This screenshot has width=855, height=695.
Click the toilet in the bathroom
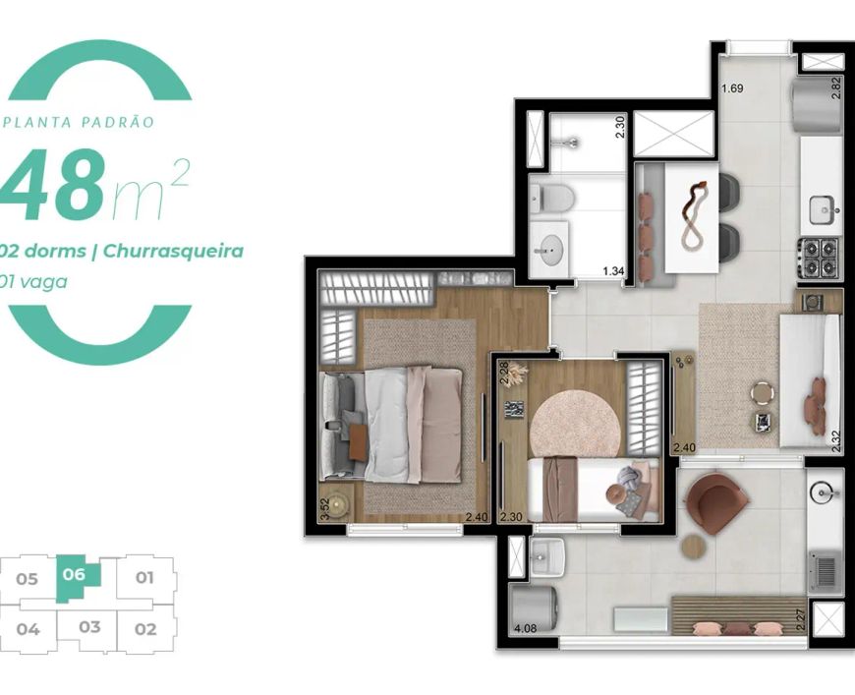click(x=552, y=197)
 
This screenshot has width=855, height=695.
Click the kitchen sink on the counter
click(x=824, y=210)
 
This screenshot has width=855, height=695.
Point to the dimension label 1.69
click(x=732, y=88)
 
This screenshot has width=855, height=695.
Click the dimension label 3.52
click(x=325, y=511)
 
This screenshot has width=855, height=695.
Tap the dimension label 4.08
click(x=526, y=628)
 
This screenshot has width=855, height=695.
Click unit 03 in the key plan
click(x=89, y=627)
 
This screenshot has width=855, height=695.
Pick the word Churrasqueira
click(x=173, y=252)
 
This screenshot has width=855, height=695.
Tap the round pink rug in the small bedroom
click(x=575, y=423)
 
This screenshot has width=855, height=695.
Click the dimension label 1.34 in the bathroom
click(x=613, y=271)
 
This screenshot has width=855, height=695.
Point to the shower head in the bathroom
click(x=570, y=143)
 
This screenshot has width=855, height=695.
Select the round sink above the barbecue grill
click(x=824, y=492)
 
